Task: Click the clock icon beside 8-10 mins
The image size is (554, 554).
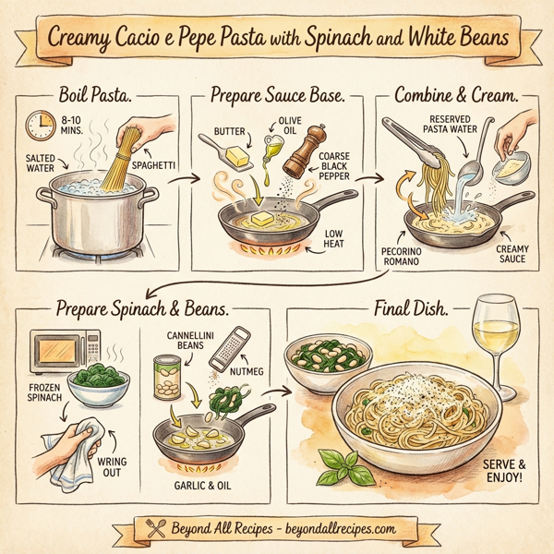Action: coord(40,125)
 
